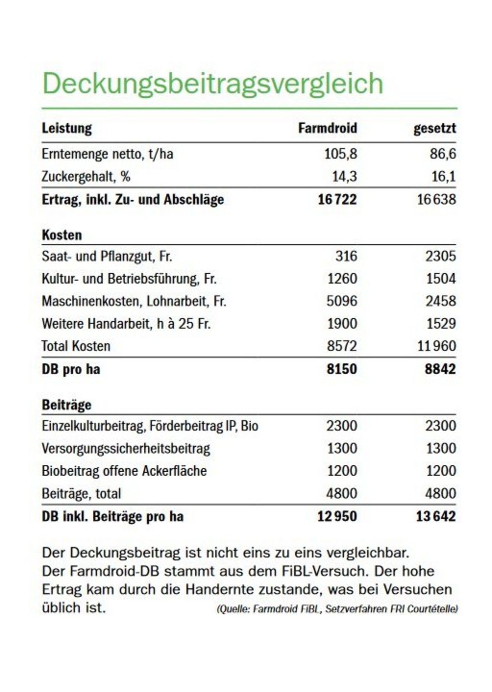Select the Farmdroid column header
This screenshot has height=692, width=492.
(x=327, y=128)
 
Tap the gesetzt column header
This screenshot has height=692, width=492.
(x=434, y=128)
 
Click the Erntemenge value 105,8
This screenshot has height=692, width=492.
(x=340, y=154)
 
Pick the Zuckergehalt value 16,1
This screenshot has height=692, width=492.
(x=444, y=176)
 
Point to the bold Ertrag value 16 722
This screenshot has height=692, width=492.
(x=337, y=200)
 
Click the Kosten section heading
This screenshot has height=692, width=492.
(x=62, y=235)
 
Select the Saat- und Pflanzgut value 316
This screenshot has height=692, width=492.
(x=346, y=256)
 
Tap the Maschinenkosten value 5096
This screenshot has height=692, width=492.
(x=342, y=301)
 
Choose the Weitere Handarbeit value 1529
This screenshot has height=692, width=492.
(x=441, y=324)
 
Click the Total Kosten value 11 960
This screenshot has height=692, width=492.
(x=436, y=346)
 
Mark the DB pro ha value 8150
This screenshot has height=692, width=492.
(x=341, y=369)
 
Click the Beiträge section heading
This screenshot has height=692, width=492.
(x=66, y=405)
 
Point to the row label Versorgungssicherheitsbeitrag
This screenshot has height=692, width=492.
(x=126, y=448)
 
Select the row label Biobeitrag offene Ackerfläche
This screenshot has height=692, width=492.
(x=124, y=471)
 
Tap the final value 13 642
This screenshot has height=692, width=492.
(x=436, y=516)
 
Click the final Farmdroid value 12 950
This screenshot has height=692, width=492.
(x=337, y=516)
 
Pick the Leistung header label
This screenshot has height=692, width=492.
(x=67, y=128)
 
